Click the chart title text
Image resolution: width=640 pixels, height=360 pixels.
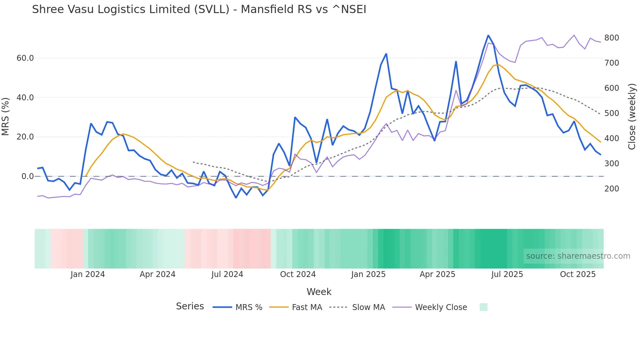[199, 9]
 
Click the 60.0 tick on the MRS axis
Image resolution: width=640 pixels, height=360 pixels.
[25, 58]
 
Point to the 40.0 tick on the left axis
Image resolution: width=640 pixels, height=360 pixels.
[25, 97]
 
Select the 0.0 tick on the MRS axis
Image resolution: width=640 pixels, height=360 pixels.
[28, 176]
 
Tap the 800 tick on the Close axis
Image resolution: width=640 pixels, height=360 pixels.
[612, 38]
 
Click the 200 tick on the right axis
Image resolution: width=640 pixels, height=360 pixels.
[612, 189]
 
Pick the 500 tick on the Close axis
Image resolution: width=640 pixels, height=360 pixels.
[612, 113]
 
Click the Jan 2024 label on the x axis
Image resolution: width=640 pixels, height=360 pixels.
[88, 274]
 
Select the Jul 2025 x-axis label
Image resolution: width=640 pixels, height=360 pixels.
[507, 274]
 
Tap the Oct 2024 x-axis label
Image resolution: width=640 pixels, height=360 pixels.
[298, 274]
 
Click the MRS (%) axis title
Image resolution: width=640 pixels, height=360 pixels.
[6, 117]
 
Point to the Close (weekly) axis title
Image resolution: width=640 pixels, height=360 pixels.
[632, 117]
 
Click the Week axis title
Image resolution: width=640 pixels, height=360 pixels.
[319, 292]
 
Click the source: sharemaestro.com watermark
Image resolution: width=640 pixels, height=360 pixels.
[578, 256]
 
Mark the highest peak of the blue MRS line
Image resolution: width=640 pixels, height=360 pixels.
[488, 35]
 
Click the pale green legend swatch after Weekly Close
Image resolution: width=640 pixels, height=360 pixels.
[483, 307]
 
